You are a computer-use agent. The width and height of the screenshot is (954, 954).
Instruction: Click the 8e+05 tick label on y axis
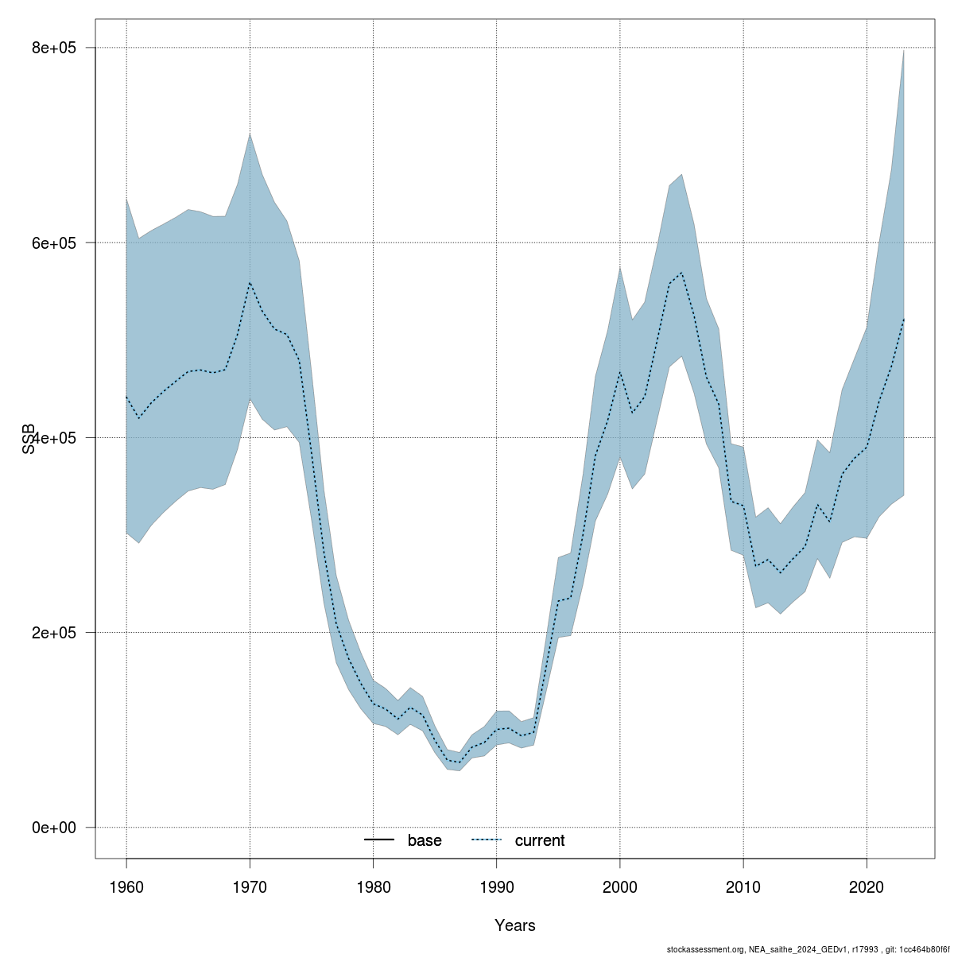pyautogui.click(x=53, y=48)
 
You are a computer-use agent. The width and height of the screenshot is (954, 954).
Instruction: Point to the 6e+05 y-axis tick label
pyautogui.click(x=53, y=242)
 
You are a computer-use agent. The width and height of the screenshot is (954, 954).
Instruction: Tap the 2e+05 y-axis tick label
pyautogui.click(x=53, y=633)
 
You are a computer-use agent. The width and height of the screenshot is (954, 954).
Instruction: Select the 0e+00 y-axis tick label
pyautogui.click(x=53, y=828)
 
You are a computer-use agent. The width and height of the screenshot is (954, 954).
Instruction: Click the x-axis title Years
pyautogui.click(x=515, y=925)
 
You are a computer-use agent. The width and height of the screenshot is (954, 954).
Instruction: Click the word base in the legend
pyautogui.click(x=425, y=840)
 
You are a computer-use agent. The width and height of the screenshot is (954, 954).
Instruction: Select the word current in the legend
pyautogui.click(x=540, y=840)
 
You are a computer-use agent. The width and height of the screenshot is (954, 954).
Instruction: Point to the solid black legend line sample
pyautogui.click(x=380, y=840)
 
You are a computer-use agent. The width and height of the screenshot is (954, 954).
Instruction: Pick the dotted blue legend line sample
pyautogui.click(x=487, y=840)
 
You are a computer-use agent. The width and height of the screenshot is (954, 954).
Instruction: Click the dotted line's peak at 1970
pyautogui.click(x=250, y=283)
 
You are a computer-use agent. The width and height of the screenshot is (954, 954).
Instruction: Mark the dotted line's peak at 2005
pyautogui.click(x=681, y=273)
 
